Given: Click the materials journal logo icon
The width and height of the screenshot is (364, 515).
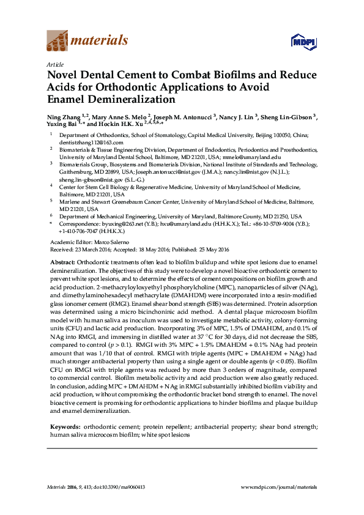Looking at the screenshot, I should tap(58, 42).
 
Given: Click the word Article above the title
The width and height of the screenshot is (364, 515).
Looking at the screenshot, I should tap(54, 64).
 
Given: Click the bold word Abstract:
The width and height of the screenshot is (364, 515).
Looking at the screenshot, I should tap(62, 262).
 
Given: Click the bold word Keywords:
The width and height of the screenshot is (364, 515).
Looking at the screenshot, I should tap(64, 425).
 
